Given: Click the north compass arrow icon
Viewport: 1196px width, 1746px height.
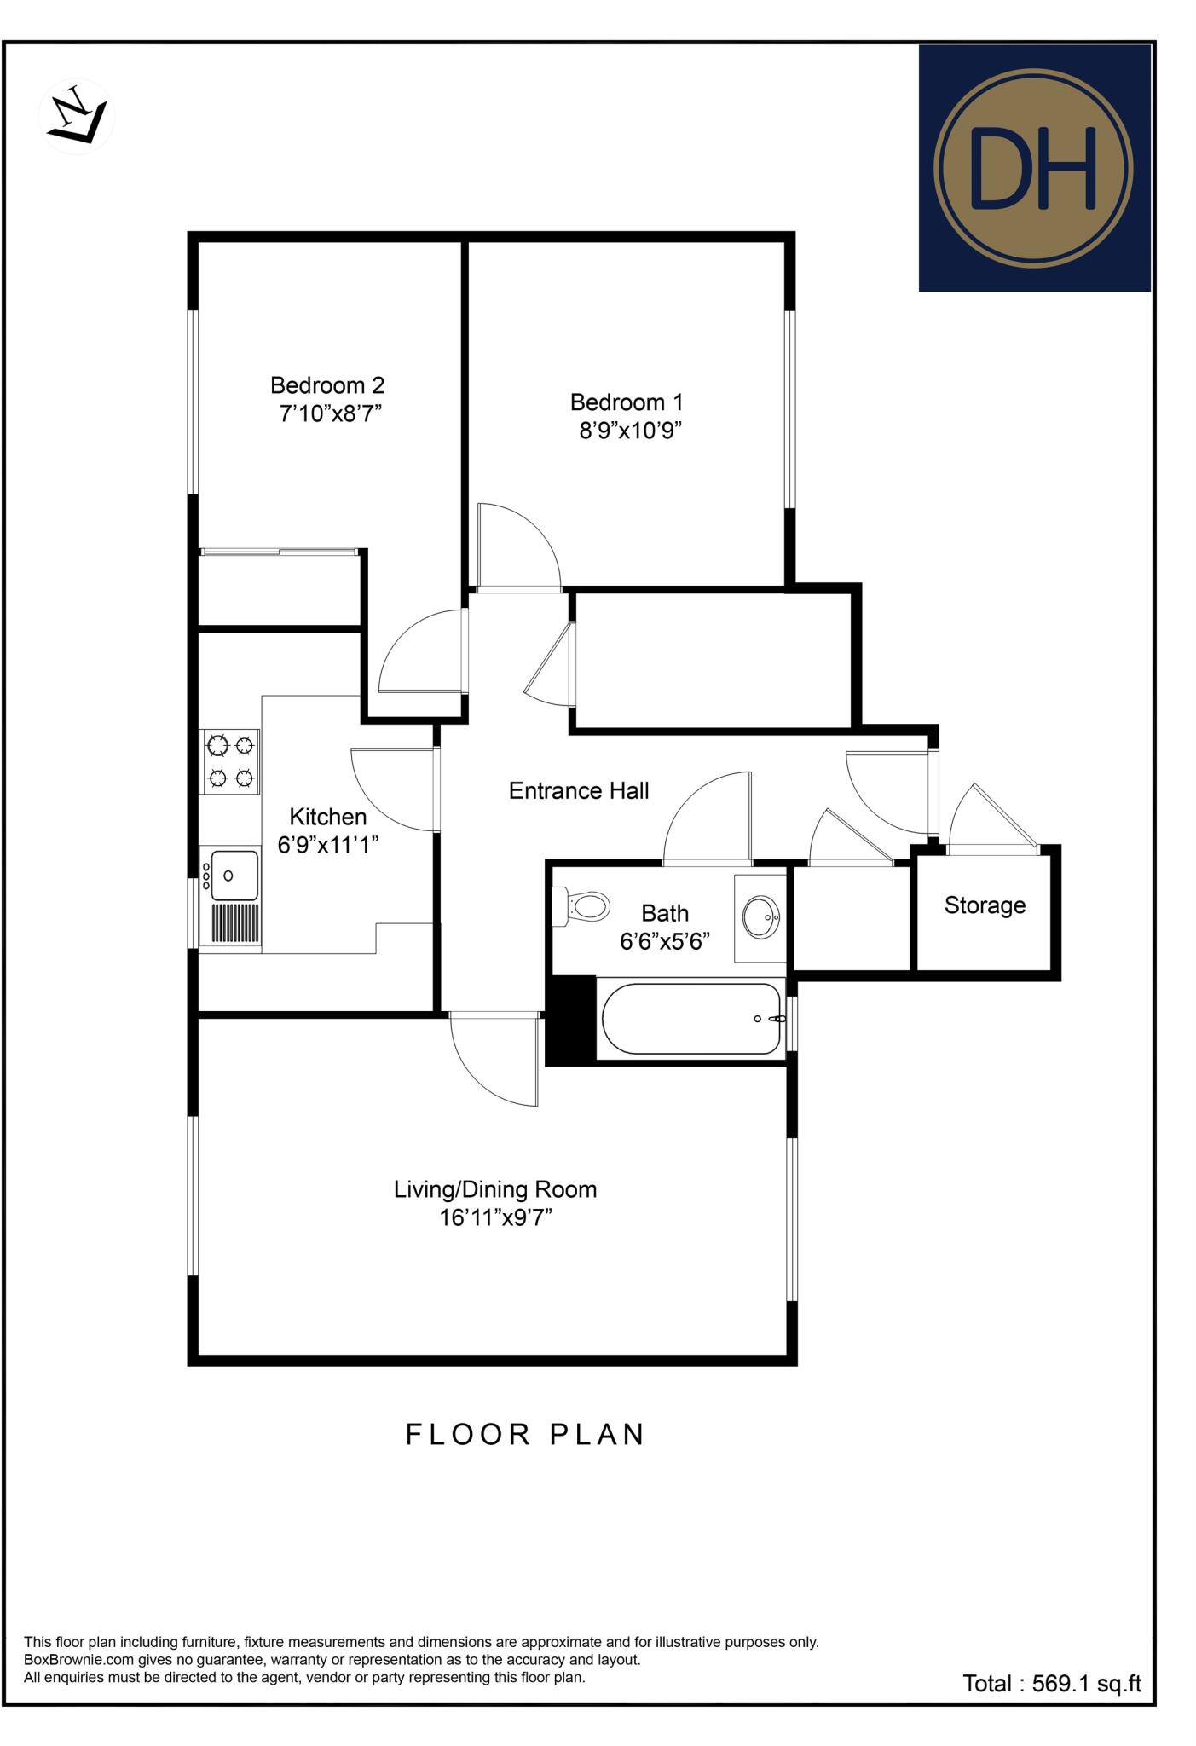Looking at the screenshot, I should point(77,118).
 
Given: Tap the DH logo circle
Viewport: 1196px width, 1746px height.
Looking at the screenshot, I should point(1032,169).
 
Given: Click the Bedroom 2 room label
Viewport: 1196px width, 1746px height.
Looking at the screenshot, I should point(327,385).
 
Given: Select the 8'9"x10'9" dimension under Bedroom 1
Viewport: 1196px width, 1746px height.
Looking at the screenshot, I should point(631,431).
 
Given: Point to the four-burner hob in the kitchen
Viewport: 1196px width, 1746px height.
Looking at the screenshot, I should point(229,761).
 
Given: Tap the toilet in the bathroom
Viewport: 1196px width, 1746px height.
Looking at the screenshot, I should point(584,905).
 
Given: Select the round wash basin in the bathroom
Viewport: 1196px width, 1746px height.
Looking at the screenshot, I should point(760,917).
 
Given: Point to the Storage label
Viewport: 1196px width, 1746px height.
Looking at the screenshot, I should point(985,905).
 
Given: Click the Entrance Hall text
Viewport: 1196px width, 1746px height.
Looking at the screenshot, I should point(579,791).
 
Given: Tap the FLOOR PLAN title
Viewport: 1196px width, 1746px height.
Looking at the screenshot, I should point(524,1435).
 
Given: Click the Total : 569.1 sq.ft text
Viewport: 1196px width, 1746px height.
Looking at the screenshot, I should point(1051,1684).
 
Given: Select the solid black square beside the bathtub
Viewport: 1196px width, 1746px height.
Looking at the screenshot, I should point(569,1020).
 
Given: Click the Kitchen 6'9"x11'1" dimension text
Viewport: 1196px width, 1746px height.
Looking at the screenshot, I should point(328,845).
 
